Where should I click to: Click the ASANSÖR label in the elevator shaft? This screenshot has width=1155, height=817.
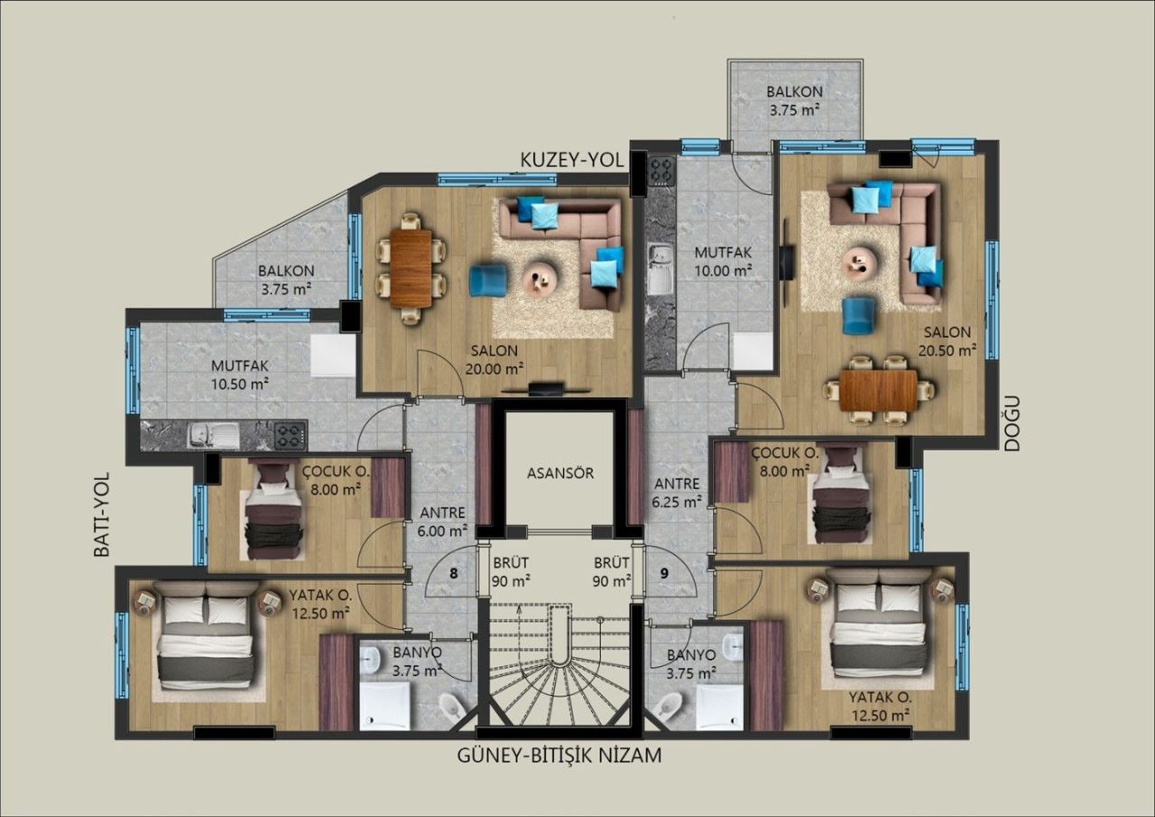[x=559, y=472]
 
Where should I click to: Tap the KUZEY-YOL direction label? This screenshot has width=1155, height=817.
[x=572, y=159]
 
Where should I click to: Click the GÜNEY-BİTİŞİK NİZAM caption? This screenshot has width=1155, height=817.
[x=559, y=756]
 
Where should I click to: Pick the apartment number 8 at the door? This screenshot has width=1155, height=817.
[x=453, y=572]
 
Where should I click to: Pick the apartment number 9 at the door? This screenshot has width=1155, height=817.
[x=664, y=572]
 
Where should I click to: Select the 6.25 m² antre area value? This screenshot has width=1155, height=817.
[x=677, y=502]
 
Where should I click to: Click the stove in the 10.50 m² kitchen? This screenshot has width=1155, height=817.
[x=290, y=435]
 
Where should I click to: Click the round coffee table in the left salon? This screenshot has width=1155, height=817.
[x=541, y=274]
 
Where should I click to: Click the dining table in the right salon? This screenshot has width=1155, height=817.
[x=877, y=391]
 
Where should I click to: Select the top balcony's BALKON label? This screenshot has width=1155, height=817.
[x=794, y=91]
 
